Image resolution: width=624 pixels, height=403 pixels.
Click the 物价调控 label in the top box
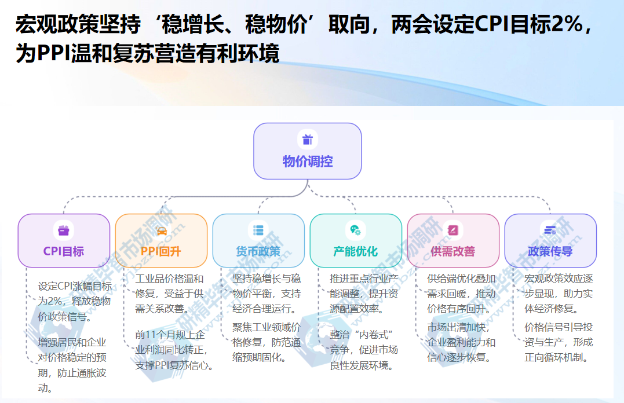point(308,161)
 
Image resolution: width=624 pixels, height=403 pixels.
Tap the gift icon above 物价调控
point(308,140)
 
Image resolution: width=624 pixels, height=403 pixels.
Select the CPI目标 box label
point(64,251)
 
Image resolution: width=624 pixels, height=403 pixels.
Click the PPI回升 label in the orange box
point(161,251)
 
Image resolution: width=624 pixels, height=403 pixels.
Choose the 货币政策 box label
point(258,251)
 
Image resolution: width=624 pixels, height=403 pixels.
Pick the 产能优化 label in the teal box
point(356,251)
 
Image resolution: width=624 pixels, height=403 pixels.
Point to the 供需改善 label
point(453,251)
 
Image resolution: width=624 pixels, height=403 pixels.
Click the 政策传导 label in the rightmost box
point(550,251)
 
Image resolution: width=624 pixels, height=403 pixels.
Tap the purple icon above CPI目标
point(64,230)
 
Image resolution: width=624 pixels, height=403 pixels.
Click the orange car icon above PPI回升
point(161,230)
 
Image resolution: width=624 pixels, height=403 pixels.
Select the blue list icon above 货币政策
point(258,230)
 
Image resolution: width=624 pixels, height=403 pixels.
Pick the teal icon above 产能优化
point(356,230)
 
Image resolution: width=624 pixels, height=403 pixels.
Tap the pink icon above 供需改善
point(453,230)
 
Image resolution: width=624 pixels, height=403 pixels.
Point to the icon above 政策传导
point(550,230)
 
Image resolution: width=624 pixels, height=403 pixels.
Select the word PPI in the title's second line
point(53,54)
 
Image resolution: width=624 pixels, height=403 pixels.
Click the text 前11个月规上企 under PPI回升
point(169,335)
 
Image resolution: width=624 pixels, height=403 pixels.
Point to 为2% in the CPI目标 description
point(50,301)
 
